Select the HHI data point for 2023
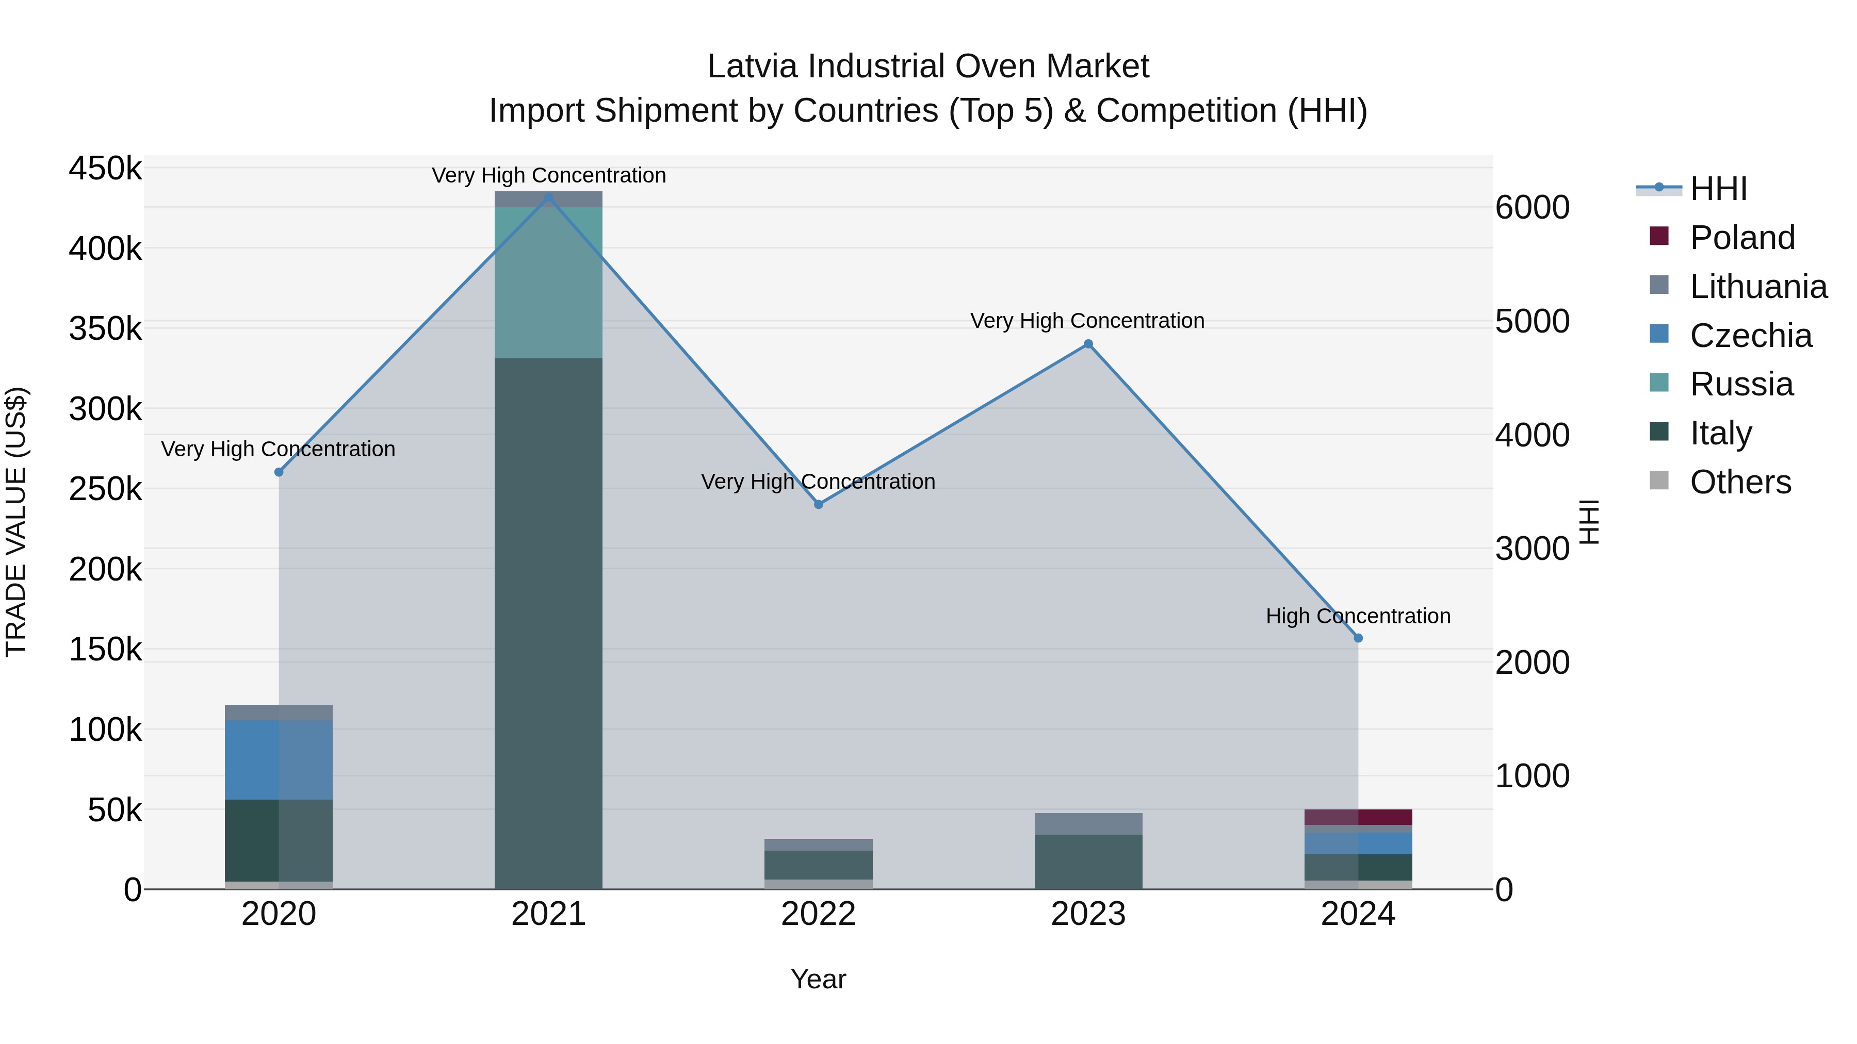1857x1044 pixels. pos(1088,344)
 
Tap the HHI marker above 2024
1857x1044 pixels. pos(1358,638)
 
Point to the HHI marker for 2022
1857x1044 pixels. pos(818,504)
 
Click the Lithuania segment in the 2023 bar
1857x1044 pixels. pos(1088,823)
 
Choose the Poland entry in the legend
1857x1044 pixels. pos(1741,238)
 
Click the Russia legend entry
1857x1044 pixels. pos(1741,384)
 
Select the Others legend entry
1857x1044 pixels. pos(1740,482)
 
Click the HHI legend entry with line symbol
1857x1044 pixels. pos(1718,189)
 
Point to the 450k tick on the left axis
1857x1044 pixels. pos(105,169)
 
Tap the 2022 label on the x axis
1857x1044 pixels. pos(818,914)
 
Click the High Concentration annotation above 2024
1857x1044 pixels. pos(1358,616)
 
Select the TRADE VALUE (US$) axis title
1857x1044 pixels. pos(16,522)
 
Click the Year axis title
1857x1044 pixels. pos(818,979)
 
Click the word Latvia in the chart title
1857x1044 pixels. pos(753,67)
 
